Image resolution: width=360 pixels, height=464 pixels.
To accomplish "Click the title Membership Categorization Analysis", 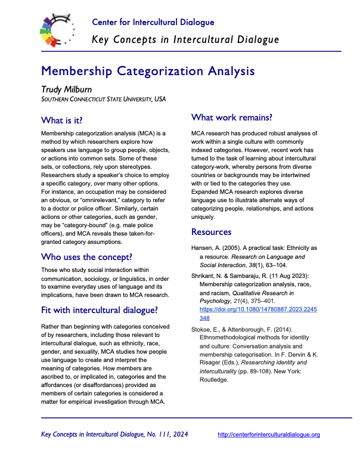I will pos(148,72).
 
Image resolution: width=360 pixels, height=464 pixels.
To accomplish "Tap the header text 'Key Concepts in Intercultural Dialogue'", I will pos(185,40).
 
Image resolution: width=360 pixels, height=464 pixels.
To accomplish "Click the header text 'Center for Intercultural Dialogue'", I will pos(153,23).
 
